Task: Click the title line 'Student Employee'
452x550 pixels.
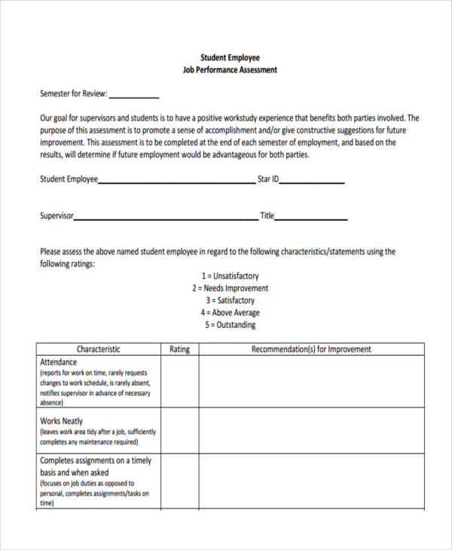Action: [230, 57]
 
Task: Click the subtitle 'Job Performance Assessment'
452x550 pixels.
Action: [230, 70]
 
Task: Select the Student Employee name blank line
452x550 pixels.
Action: [177, 180]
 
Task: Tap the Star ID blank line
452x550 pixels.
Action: [313, 180]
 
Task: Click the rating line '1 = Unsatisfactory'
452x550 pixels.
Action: [230, 277]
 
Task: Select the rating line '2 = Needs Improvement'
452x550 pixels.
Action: [230, 289]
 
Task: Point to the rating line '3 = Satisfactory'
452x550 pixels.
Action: [230, 301]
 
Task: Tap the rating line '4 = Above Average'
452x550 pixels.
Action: [230, 313]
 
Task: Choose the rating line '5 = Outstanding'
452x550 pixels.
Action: [230, 325]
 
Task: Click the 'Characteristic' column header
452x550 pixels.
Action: [98, 350]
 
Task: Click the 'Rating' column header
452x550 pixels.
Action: [179, 350]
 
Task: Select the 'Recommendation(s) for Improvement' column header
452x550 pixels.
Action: [310, 350]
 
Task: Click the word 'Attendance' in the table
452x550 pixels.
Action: [58, 362]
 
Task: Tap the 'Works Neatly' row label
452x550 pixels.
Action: [61, 421]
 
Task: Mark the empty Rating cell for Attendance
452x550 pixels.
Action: [179, 382]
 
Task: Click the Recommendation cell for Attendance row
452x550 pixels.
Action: [310, 382]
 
